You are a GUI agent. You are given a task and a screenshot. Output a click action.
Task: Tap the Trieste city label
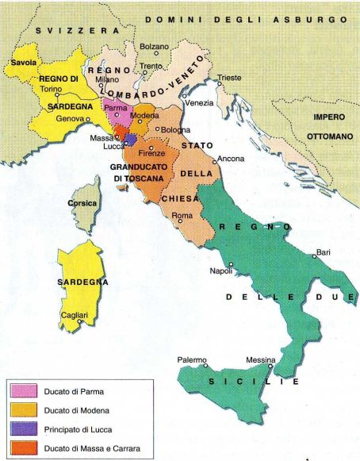(x=229, y=78)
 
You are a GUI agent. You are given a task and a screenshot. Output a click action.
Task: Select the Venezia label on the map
(x=199, y=103)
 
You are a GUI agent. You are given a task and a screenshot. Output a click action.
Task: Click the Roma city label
(x=182, y=217)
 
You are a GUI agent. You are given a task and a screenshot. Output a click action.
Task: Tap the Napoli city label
(x=220, y=271)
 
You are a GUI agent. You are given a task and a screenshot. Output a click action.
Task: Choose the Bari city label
(x=323, y=252)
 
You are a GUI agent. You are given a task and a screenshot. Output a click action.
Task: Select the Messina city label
(x=260, y=360)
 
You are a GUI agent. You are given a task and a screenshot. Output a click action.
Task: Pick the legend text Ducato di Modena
(x=78, y=411)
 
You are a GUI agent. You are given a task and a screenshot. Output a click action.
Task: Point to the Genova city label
(x=70, y=118)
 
